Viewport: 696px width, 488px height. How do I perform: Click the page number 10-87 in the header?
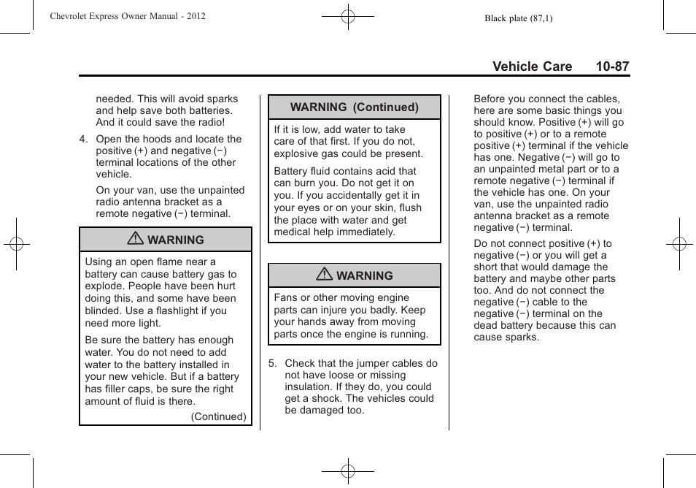[x=611, y=66]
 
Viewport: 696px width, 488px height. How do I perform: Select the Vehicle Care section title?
[x=532, y=66]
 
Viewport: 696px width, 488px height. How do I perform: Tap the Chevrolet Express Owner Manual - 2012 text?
[x=128, y=15]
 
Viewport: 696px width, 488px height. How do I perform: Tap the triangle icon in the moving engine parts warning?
[x=326, y=275]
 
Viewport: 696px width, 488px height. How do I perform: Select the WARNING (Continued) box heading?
[x=355, y=107]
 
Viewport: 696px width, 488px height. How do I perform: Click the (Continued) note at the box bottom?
[x=218, y=416]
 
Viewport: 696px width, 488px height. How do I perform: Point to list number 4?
[x=84, y=139]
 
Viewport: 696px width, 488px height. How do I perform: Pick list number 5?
[x=273, y=363]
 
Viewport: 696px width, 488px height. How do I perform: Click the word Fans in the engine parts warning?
[x=286, y=298]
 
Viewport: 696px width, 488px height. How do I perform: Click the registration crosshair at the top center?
[x=348, y=15]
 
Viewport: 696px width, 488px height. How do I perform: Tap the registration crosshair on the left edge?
[x=15, y=244]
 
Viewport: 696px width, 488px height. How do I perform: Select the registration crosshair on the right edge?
[x=679, y=244]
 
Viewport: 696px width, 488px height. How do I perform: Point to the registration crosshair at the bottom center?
[x=348, y=472]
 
